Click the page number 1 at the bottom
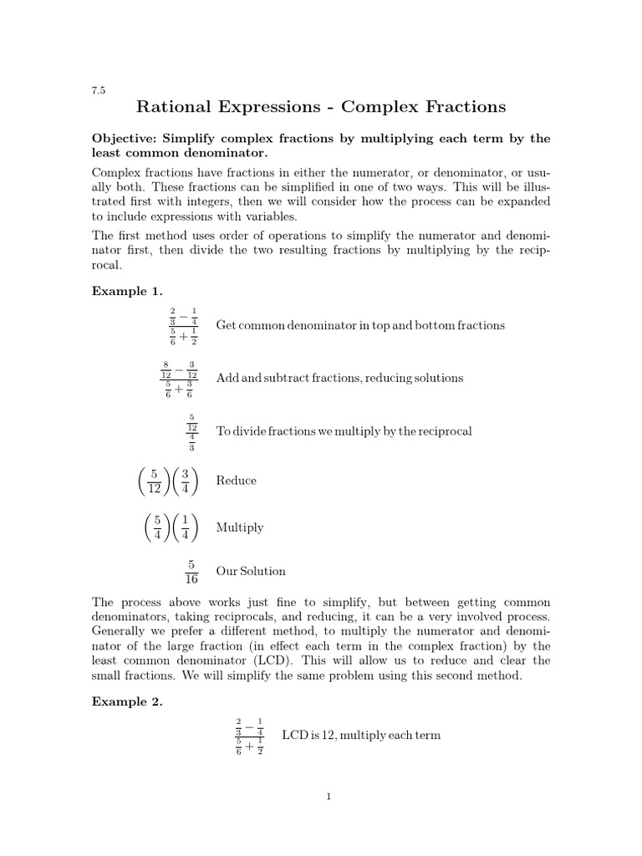tap(329, 797)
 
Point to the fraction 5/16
tap(191, 572)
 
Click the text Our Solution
tap(251, 572)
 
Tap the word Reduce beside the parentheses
tap(237, 481)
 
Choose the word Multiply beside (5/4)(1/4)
tap(240, 527)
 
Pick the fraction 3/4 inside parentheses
tap(185, 481)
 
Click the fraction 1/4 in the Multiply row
tap(185, 527)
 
